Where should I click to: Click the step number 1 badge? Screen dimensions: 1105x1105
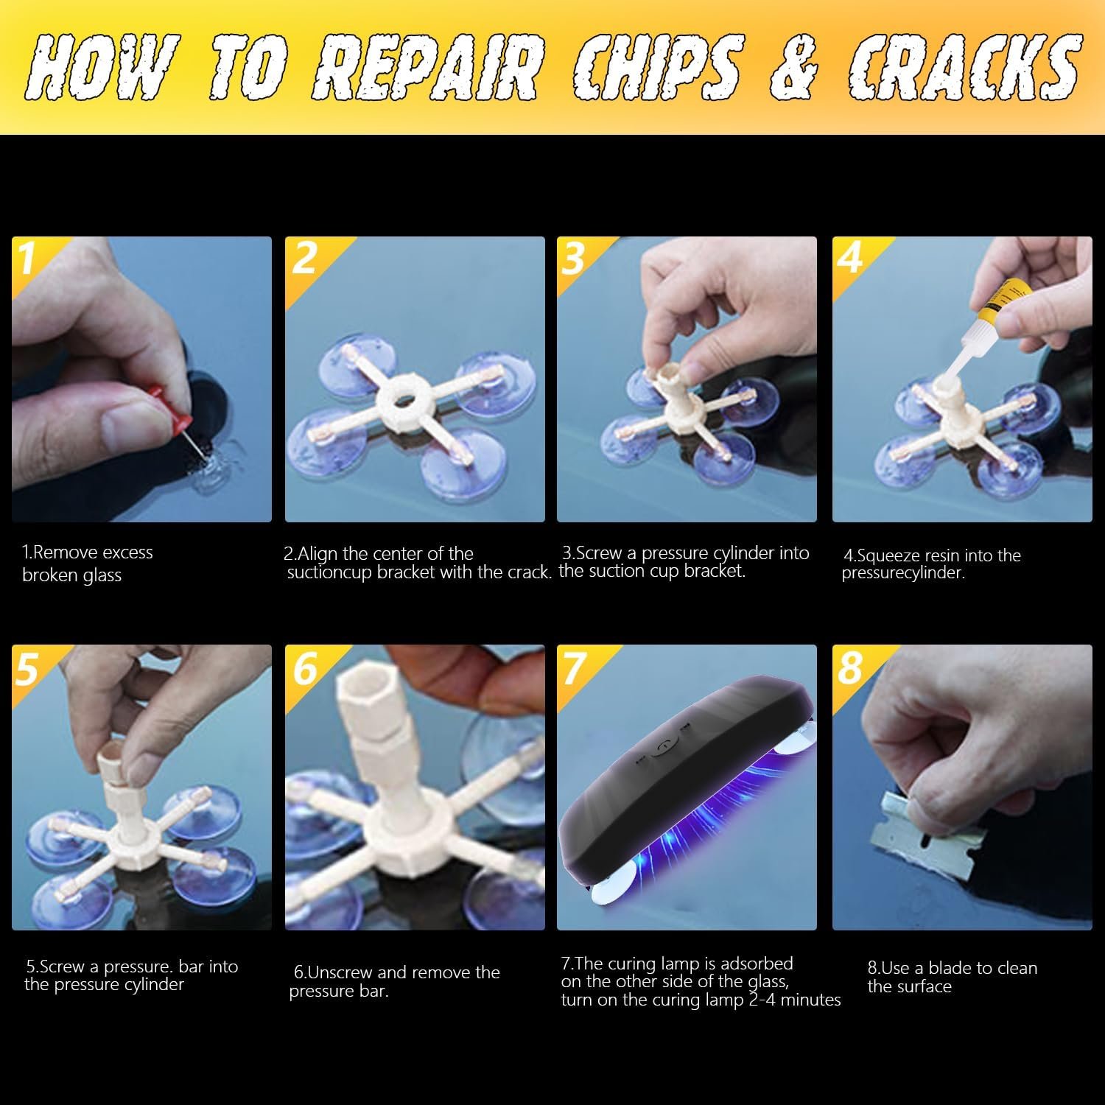click(x=27, y=258)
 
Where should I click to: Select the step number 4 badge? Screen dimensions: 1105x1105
click(x=850, y=257)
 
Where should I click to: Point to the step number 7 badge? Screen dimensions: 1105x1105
click(x=574, y=667)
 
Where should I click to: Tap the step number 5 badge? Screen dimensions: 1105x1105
click(x=27, y=667)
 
